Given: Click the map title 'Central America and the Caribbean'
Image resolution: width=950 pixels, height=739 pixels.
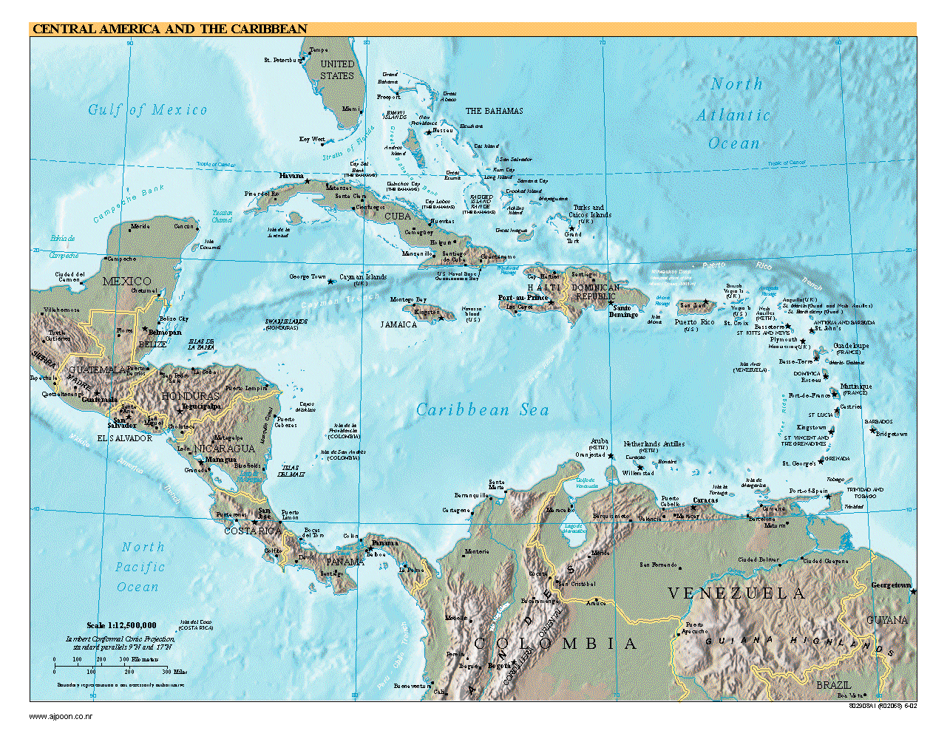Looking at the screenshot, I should click(169, 30).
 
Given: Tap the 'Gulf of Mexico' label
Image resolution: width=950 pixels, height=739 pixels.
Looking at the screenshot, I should click(147, 110).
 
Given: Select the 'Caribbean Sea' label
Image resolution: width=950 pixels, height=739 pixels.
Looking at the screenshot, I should click(482, 410).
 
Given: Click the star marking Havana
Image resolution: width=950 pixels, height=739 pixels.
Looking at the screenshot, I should click(308, 181).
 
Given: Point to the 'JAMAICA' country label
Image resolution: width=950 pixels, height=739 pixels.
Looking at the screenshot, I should click(398, 324).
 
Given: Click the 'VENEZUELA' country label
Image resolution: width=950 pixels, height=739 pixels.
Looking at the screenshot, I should click(736, 593).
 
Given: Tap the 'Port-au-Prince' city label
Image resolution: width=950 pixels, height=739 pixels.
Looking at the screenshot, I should click(523, 298).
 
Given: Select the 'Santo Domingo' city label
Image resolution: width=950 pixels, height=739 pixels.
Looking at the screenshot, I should click(622, 311).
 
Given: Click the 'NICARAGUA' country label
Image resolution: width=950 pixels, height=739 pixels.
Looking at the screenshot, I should click(225, 449).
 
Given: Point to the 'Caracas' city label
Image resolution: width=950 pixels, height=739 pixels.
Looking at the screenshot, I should click(705, 500).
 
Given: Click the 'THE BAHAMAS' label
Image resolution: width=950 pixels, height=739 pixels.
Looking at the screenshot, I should click(494, 111).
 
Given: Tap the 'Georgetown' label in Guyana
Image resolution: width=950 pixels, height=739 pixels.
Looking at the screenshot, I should click(890, 585).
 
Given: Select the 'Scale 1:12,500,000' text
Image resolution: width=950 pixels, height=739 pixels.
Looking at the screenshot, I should click(121, 625).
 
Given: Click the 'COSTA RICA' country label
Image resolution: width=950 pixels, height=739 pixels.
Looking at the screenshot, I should click(252, 531).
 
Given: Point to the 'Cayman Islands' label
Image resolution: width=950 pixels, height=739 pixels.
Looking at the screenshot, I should click(362, 277).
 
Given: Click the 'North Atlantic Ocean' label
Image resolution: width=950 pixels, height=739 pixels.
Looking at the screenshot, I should click(734, 115).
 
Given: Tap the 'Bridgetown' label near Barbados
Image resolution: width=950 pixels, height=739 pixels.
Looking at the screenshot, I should click(891, 434).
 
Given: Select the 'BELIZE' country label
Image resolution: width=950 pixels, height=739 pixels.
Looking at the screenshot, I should click(152, 344).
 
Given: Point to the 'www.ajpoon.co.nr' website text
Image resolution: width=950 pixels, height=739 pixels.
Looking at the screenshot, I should click(61, 716).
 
